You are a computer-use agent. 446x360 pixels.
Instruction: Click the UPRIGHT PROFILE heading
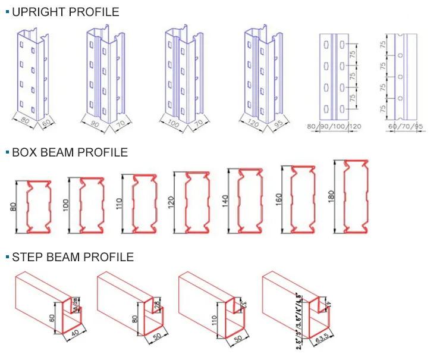pos(65,12)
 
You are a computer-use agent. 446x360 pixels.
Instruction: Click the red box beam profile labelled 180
pos(356,196)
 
